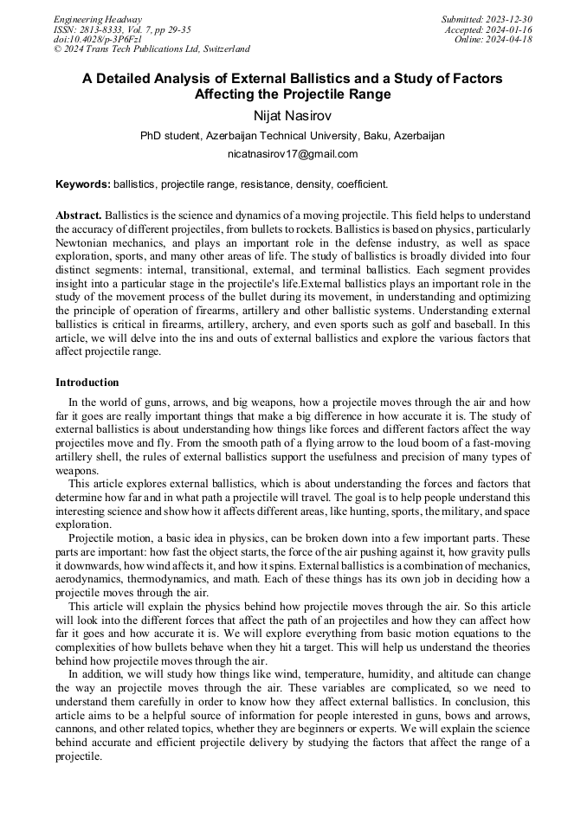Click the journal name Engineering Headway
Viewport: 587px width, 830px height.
coord(98,19)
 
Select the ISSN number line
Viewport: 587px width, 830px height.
coord(122,29)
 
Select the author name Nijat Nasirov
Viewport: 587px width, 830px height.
coord(293,115)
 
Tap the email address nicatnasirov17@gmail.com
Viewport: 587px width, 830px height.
coord(293,154)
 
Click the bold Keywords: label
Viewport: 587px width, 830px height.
coord(83,184)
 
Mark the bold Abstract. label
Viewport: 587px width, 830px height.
coord(79,215)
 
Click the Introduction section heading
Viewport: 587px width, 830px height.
coord(87,382)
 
